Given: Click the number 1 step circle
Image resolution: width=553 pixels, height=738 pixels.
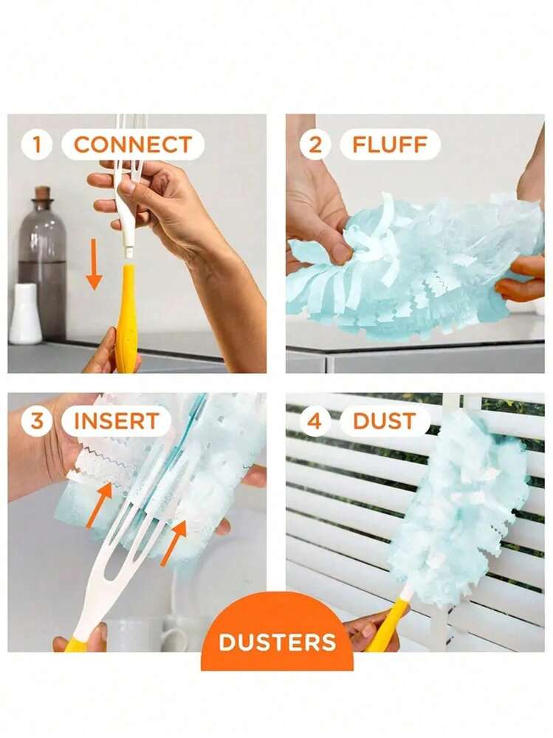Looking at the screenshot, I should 36,144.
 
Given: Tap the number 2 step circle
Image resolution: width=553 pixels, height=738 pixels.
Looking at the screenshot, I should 315,144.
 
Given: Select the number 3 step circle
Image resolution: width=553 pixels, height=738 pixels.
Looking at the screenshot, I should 36,422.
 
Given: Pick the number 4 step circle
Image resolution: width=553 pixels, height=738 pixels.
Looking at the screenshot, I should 315,422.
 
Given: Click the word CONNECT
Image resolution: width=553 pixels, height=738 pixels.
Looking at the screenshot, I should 133,145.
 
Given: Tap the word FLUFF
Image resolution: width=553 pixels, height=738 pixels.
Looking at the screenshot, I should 390,145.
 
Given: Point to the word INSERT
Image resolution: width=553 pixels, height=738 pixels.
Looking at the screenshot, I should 116,422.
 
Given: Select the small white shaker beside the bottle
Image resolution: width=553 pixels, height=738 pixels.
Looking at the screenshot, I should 26,314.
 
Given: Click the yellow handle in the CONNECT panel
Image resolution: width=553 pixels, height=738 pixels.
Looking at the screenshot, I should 126,318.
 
